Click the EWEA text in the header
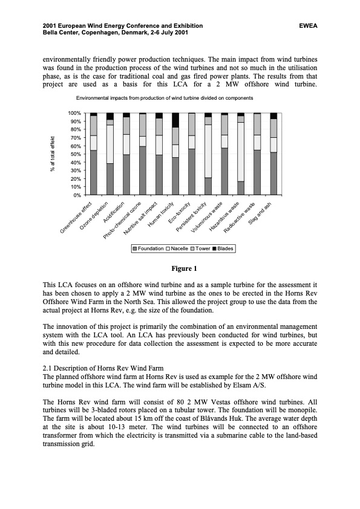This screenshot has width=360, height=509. [308, 26]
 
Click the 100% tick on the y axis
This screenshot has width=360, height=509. [73, 113]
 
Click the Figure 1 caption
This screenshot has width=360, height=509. [180, 268]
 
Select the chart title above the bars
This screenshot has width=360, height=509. [164, 98]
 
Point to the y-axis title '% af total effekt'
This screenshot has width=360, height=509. [53, 154]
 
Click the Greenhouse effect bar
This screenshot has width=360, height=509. [93, 154]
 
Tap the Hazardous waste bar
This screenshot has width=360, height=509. [241, 154]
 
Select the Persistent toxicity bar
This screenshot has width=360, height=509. [208, 154]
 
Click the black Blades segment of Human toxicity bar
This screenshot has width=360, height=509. [175, 120]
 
